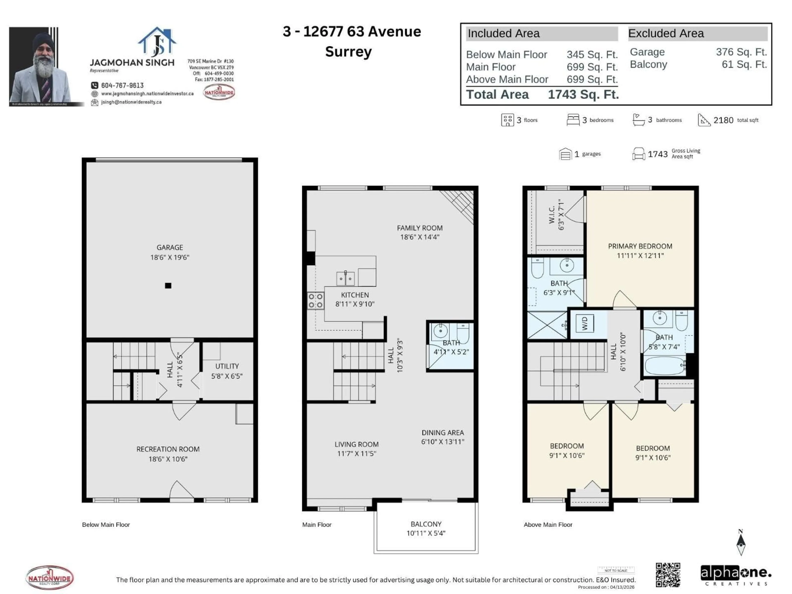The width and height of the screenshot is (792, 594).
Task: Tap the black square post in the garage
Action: (x=168, y=285)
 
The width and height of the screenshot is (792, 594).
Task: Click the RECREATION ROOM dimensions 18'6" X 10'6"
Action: (x=168, y=459)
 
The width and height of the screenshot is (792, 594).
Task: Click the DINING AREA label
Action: (x=443, y=433)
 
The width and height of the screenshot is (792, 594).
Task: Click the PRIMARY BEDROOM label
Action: (x=640, y=246)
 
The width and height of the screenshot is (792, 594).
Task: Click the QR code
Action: (x=668, y=575)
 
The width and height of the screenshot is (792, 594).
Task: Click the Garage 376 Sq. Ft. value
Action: (x=741, y=52)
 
